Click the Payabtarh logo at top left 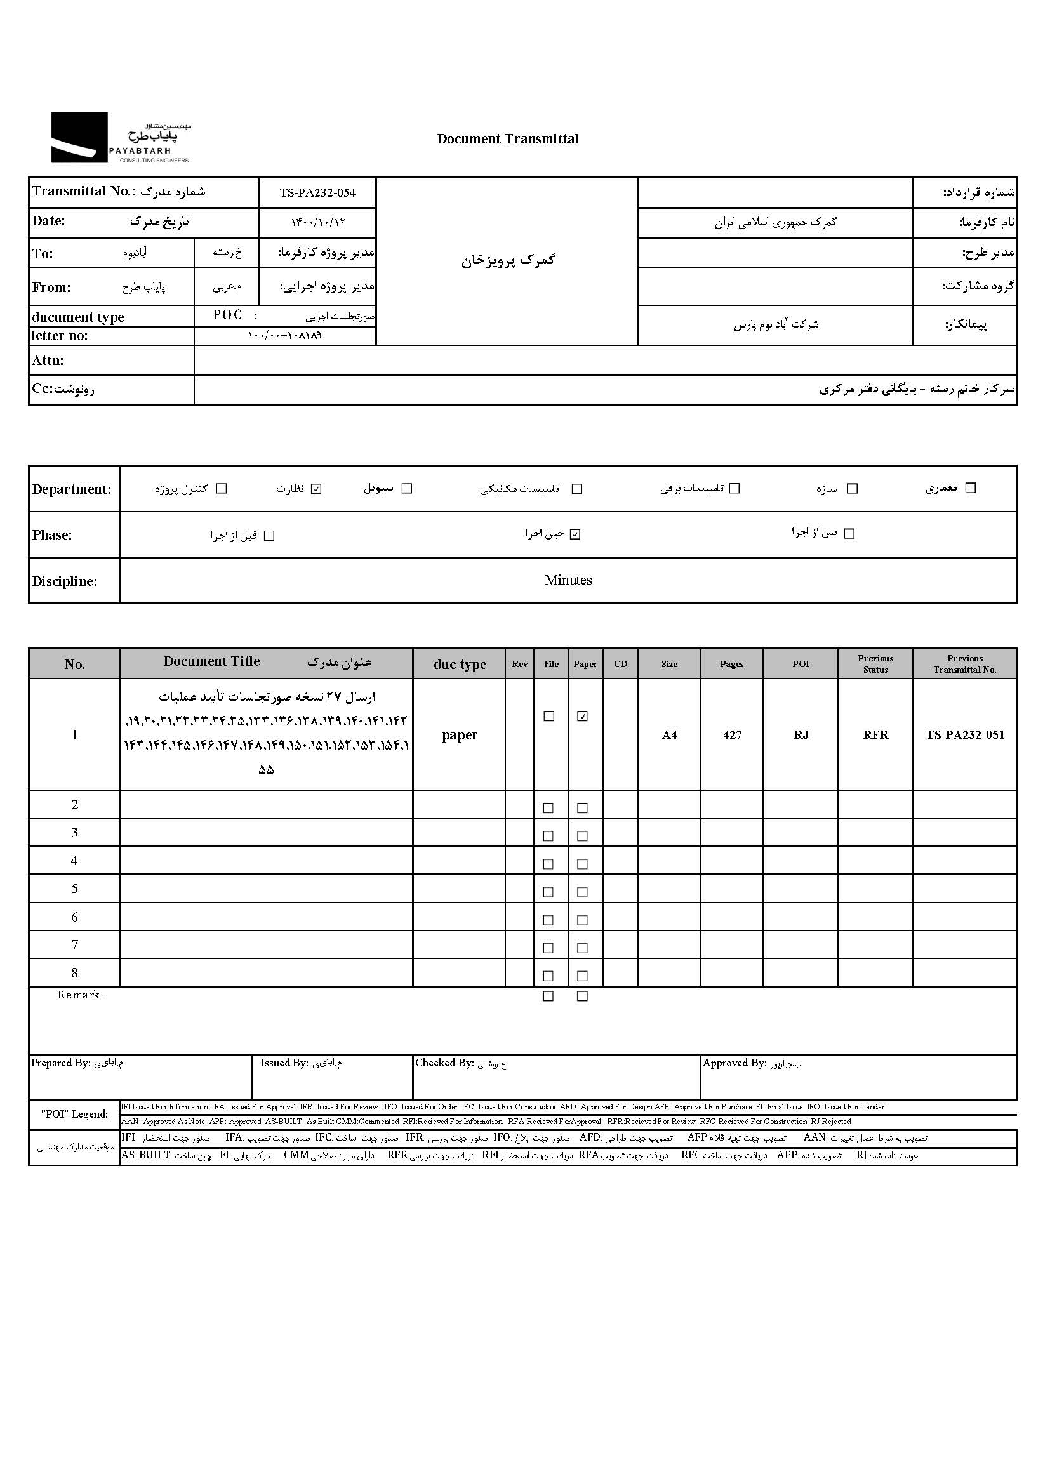pos(121,138)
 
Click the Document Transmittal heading pos(508,139)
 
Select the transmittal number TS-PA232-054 pos(317,192)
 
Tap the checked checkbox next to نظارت pos(316,489)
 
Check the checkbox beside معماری pos(970,488)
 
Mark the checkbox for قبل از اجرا pos(270,536)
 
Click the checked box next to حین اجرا pos(575,534)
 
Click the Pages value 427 pos(732,735)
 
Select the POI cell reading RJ pos(801,735)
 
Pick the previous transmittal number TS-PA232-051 pos(966,735)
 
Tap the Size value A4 pos(669,735)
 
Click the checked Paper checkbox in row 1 pos(583,716)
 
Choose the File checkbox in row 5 pos(548,892)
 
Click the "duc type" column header pos(460,665)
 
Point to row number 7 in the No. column pos(74,945)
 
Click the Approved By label pos(734,1063)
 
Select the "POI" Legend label pos(74,1114)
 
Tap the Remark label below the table pos(80,995)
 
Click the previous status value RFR pos(875,735)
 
